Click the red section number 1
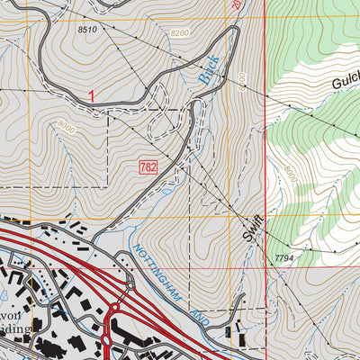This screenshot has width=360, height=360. [x=92, y=94]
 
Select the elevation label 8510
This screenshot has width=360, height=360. [x=87, y=30]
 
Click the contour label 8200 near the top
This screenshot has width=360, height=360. [x=180, y=32]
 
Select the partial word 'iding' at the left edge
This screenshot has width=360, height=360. [x=16, y=329]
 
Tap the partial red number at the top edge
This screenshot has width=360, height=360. [x=236, y=4]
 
